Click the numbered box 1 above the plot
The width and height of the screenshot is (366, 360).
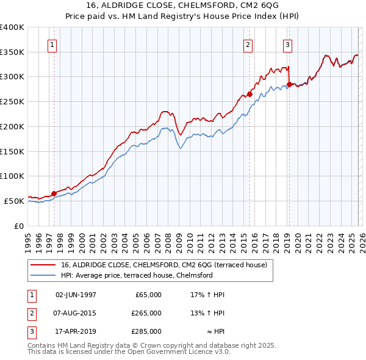point(52,44)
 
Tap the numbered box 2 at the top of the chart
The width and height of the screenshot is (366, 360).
point(248,44)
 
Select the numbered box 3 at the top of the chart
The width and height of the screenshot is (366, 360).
point(287,44)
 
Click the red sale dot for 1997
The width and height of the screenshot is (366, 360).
point(54,193)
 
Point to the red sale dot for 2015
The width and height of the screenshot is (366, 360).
point(249,94)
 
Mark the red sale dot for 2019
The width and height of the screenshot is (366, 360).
point(289,84)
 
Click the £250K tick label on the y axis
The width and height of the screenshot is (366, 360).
point(12,102)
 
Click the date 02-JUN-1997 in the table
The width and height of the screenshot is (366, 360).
point(76,295)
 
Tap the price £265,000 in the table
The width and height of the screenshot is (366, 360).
point(146,313)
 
